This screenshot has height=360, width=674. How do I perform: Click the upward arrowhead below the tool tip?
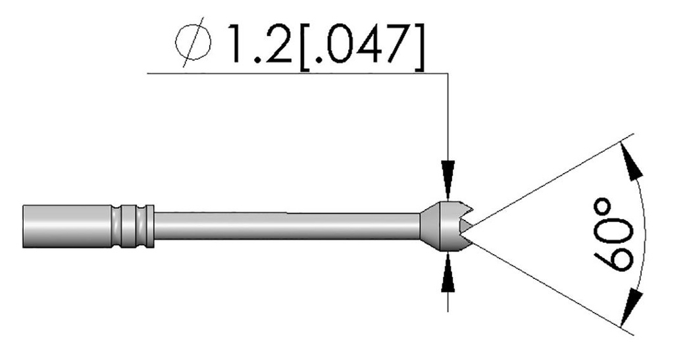pos(448,270)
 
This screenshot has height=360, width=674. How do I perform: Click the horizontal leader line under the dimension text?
pos(296,73)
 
